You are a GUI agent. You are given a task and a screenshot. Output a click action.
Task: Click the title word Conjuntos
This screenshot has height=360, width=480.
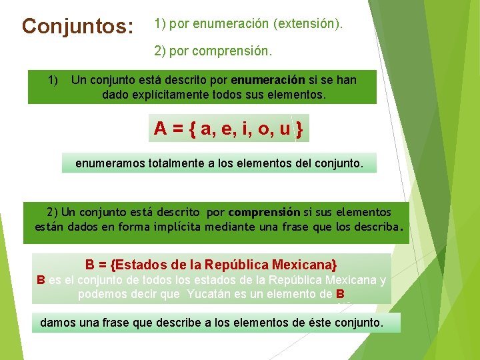tap(77, 27)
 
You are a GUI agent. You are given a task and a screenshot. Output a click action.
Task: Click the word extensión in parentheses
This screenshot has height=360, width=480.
tap(307, 25)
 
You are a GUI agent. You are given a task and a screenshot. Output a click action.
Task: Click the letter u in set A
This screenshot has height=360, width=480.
tap(285, 129)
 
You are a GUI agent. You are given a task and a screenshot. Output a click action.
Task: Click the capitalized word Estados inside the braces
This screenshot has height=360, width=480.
tap(138, 264)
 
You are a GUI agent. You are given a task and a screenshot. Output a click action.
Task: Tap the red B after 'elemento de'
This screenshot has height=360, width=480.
tap(340, 294)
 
